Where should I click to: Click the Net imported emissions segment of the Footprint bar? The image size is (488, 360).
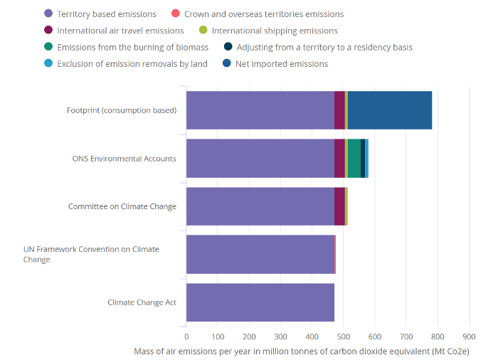pyautogui.click(x=390, y=110)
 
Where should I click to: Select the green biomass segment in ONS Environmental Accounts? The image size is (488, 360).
pyautogui.click(x=354, y=158)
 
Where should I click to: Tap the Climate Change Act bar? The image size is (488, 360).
pyautogui.click(x=260, y=302)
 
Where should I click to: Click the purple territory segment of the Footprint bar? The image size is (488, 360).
pyautogui.click(x=260, y=110)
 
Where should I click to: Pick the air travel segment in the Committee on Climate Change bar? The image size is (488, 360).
pyautogui.click(x=339, y=206)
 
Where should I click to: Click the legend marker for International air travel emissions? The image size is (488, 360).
pyautogui.click(x=48, y=31)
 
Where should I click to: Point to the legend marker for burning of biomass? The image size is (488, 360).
pyautogui.click(x=48, y=47)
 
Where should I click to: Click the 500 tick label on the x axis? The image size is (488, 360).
pyautogui.click(x=344, y=337)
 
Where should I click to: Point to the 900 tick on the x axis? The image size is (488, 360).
pyautogui.click(x=469, y=337)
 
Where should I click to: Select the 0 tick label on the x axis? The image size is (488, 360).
pyautogui.click(x=186, y=337)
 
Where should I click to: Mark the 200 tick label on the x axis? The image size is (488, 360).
pyautogui.click(x=249, y=337)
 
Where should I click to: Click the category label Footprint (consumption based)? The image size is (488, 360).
pyautogui.click(x=122, y=110)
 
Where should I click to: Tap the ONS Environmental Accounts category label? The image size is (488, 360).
pyautogui.click(x=124, y=159)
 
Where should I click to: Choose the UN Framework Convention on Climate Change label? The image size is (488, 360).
pyautogui.click(x=91, y=254)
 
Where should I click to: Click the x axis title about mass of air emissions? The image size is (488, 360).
pyautogui.click(x=302, y=351)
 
